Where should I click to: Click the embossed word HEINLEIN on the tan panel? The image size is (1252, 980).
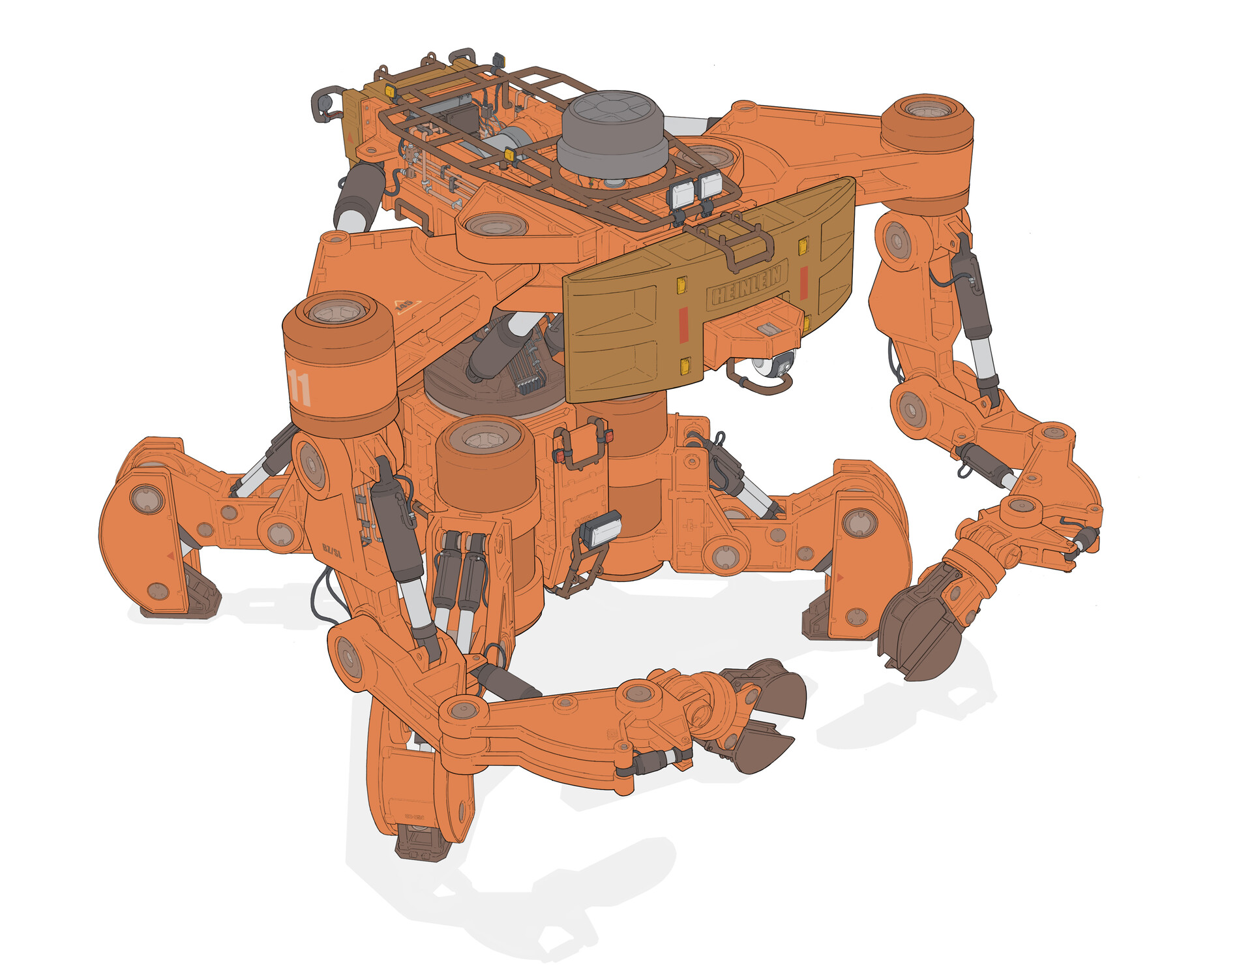point(747,285)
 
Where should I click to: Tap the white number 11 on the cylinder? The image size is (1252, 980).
point(301,386)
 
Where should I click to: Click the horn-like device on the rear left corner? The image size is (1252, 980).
point(323,104)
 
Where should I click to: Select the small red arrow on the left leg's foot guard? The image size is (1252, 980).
point(171,556)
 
